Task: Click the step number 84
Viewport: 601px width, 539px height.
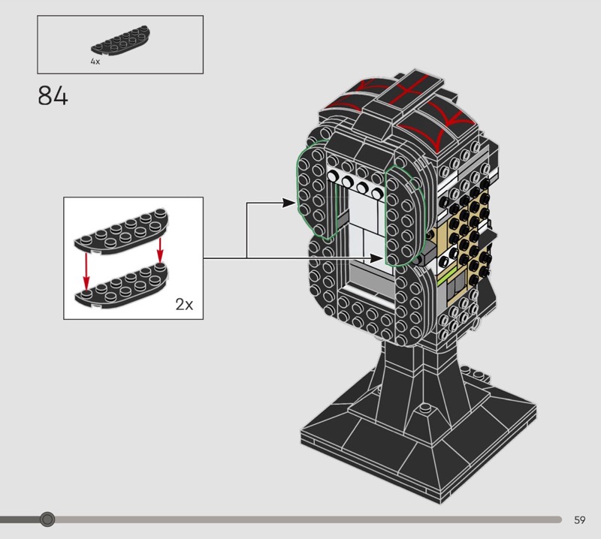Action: [53, 95]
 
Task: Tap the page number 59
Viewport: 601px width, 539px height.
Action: [579, 519]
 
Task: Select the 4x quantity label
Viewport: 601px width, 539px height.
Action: [95, 62]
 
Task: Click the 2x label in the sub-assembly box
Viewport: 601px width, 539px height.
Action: [184, 305]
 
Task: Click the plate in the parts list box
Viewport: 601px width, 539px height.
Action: [120, 41]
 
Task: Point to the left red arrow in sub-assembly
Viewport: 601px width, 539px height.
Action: [86, 272]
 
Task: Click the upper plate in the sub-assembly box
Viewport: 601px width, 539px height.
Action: [122, 231]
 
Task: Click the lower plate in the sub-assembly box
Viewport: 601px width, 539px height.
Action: [122, 286]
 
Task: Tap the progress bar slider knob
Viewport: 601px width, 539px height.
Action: [47, 519]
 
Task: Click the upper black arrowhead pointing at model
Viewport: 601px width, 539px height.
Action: [288, 203]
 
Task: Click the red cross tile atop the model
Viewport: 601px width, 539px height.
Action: [409, 90]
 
